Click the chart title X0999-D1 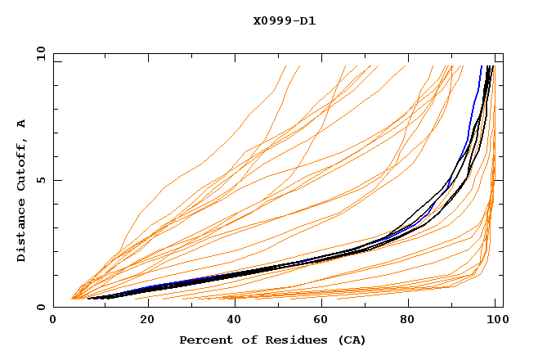(285, 20)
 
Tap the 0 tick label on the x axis (53, 322)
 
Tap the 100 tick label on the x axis (496, 322)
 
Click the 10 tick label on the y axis (40, 52)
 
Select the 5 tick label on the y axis (43, 180)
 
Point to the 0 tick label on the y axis (43, 307)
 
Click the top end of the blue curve (481, 66)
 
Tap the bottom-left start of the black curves (88, 298)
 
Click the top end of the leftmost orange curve (286, 66)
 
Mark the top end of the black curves (489, 66)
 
